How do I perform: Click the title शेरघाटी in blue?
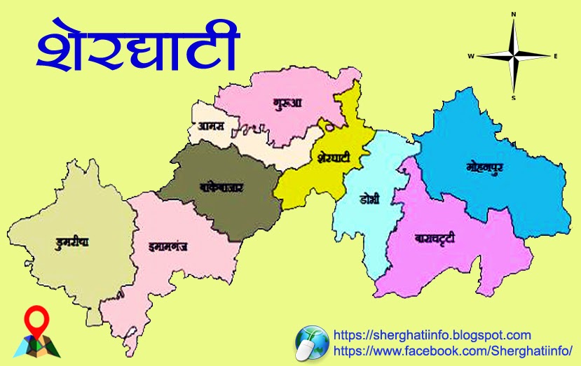tap(137, 50)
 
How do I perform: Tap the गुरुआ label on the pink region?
tap(287, 104)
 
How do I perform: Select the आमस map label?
tap(210, 127)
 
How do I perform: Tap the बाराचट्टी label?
tap(435, 239)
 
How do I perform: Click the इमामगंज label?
tap(168, 246)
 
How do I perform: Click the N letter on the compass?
tap(514, 13)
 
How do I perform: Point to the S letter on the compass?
tap(514, 99)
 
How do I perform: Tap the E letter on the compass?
tap(555, 56)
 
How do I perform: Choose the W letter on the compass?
tap(471, 56)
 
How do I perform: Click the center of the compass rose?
tap(514, 56)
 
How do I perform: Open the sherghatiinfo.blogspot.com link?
tap(432, 335)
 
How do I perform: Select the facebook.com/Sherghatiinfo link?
tap(453, 350)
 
